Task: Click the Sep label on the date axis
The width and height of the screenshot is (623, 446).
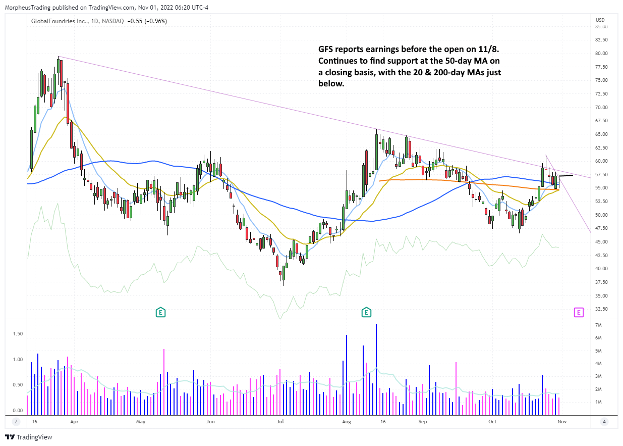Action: coord(423,421)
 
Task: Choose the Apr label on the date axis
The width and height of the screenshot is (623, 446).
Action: coord(74,421)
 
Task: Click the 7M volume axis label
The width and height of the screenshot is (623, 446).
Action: coord(599,325)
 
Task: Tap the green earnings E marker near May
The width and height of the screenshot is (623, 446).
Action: coord(160,312)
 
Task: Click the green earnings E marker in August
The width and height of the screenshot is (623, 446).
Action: coord(365,312)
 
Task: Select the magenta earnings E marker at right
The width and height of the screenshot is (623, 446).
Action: coord(578,312)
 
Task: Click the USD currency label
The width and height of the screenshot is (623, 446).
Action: coord(600,20)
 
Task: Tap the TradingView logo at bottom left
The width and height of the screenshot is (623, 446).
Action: coord(28,437)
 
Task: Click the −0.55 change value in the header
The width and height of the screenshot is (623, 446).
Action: coord(135,21)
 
